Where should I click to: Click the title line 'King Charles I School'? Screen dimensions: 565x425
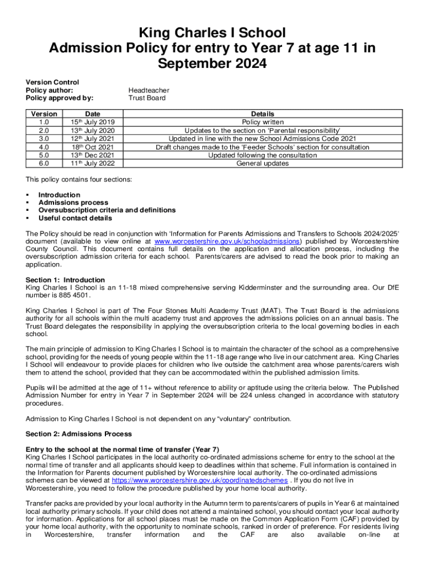click(212, 32)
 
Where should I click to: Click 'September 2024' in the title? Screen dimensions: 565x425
click(212, 64)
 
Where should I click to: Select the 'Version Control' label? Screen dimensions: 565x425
click(52, 82)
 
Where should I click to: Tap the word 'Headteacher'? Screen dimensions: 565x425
click(148, 90)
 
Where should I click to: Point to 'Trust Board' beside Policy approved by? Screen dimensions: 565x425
click(147, 98)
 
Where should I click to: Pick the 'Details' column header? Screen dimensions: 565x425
click(263, 114)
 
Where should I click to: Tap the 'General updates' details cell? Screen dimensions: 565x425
click(263, 163)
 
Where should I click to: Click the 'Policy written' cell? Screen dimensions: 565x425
click(263, 122)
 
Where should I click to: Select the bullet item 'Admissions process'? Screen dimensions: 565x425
click(73, 202)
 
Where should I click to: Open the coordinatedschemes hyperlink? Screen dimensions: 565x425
click(200, 481)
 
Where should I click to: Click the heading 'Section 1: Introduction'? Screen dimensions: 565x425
click(65, 280)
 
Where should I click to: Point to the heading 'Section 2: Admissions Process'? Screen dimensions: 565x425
click(79, 434)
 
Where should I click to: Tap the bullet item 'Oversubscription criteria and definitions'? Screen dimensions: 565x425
click(107, 210)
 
